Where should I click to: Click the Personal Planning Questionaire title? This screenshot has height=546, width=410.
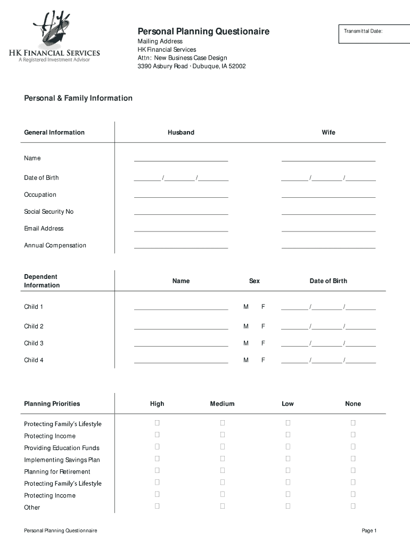203,31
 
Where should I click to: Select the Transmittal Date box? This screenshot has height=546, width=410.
370,34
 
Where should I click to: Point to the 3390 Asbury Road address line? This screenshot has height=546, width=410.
192,67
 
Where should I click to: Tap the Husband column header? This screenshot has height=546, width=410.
181,132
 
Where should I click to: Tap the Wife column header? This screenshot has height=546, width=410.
329,132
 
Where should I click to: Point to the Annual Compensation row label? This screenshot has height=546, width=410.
55,245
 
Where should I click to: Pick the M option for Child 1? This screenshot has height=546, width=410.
246,307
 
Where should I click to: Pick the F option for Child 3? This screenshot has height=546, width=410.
263,343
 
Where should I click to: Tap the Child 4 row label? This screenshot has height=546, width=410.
34,360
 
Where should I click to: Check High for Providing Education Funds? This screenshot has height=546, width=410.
157,447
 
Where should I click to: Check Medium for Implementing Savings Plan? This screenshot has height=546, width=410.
223,459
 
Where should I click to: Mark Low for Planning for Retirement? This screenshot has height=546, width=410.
288,470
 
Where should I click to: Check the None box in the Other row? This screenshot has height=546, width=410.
353,506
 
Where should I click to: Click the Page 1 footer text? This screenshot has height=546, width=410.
369,531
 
